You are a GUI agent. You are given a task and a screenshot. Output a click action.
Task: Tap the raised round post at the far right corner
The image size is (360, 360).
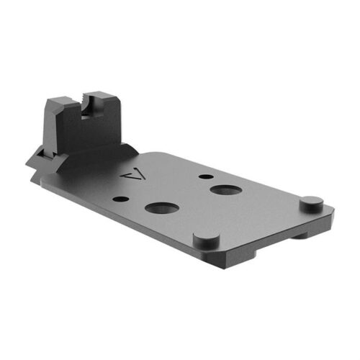(309, 202)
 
